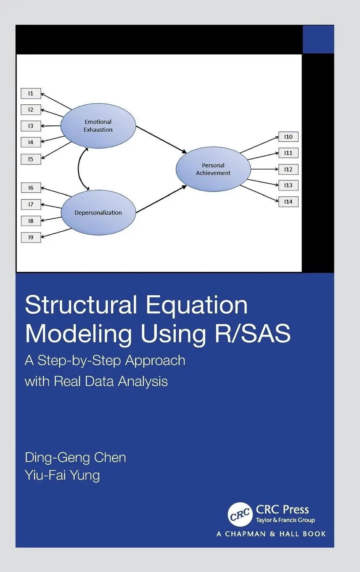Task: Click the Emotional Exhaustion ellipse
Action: click(98, 126)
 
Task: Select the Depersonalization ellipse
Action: click(98, 212)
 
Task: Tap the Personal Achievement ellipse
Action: click(213, 169)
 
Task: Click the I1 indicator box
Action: click(31, 93)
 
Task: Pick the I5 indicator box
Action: click(31, 159)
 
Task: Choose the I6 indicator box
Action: click(31, 188)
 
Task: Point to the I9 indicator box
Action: click(31, 237)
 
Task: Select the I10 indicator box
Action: click(288, 137)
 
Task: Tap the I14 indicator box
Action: click(288, 202)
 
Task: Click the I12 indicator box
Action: click(288, 169)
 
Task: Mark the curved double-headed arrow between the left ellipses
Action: click(79, 168)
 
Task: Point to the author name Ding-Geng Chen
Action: click(75, 458)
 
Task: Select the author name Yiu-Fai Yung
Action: click(62, 476)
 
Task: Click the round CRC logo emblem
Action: click(240, 514)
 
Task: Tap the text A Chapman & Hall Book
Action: click(271, 534)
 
